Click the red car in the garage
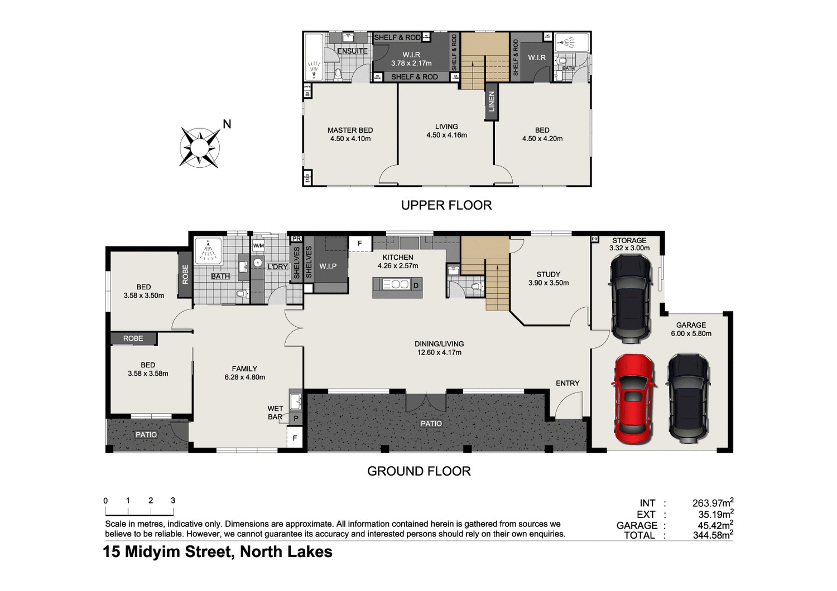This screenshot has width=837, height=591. (x=634, y=399)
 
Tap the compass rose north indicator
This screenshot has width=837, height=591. (x=200, y=147)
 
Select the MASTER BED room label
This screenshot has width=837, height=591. (x=350, y=130)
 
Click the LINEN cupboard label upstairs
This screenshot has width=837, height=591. (x=492, y=102)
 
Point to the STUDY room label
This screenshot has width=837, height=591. (x=548, y=274)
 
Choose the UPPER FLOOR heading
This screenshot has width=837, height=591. (x=446, y=205)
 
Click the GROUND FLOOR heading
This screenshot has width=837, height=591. (x=419, y=471)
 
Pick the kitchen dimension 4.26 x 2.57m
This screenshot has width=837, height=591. (x=398, y=266)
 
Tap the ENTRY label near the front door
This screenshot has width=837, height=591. (x=567, y=383)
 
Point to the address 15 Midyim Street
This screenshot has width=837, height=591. (x=218, y=552)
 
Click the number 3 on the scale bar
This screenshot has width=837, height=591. (x=173, y=501)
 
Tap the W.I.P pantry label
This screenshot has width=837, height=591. (x=328, y=266)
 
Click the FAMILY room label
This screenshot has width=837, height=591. (x=244, y=369)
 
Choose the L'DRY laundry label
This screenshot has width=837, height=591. (x=277, y=267)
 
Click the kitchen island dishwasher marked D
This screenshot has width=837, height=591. (x=416, y=285)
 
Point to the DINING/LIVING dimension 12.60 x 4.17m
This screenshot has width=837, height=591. (x=439, y=352)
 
